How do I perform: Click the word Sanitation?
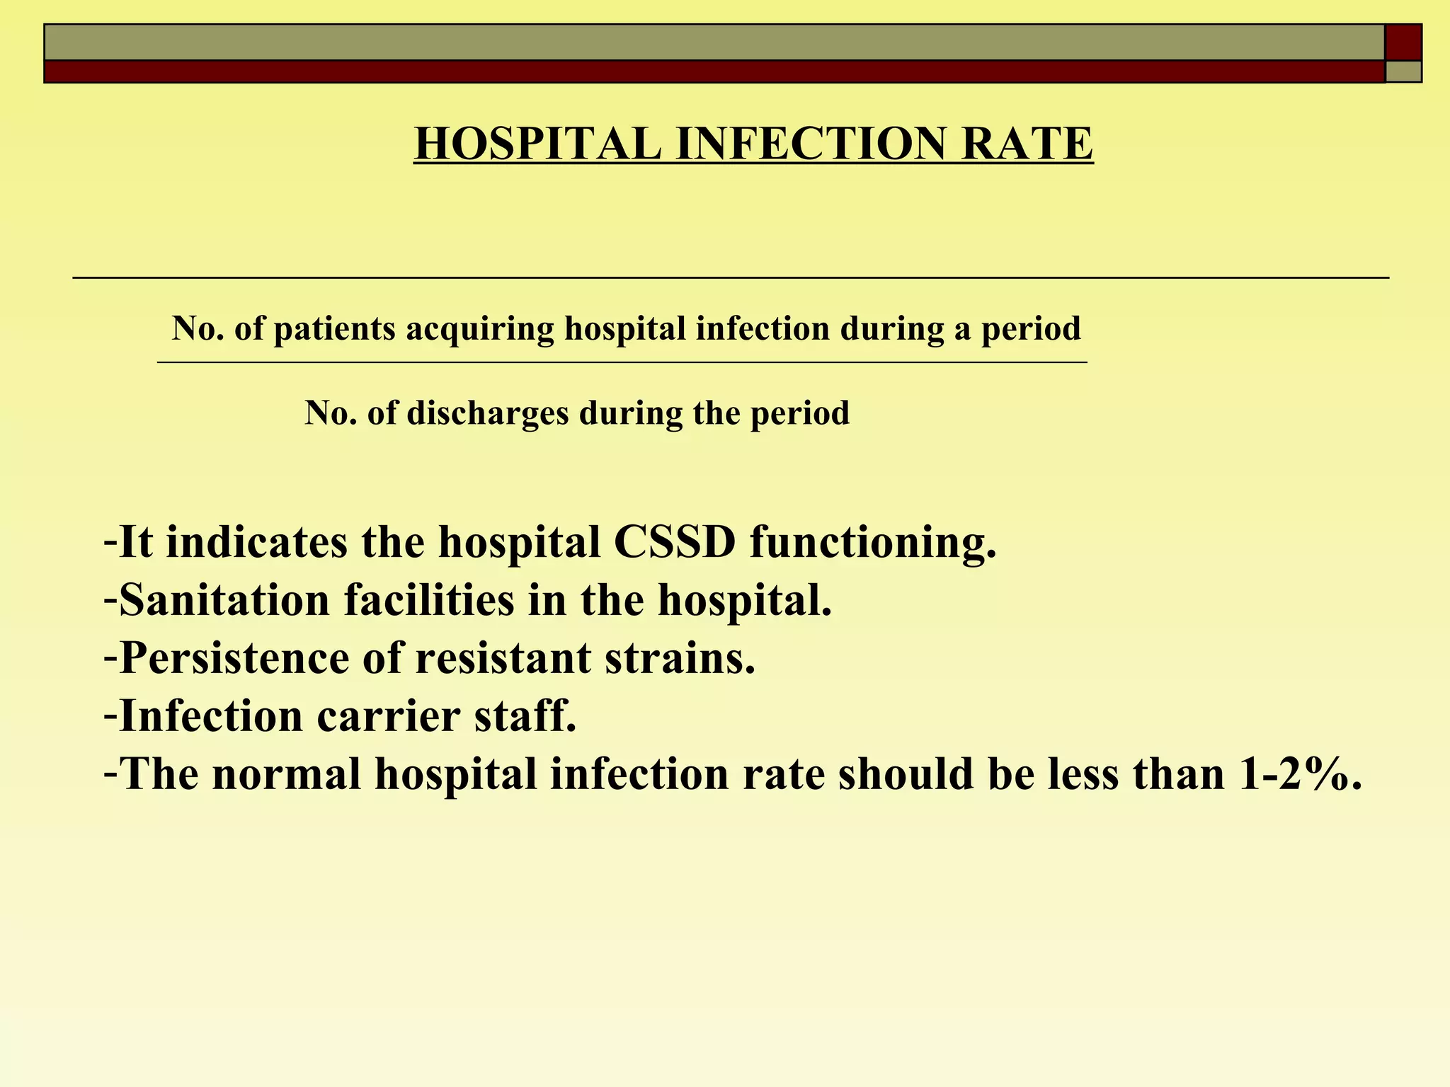224,601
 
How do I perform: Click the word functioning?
873,543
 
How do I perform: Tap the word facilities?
429,601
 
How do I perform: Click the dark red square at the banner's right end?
1403,42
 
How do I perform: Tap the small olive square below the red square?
1403,71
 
